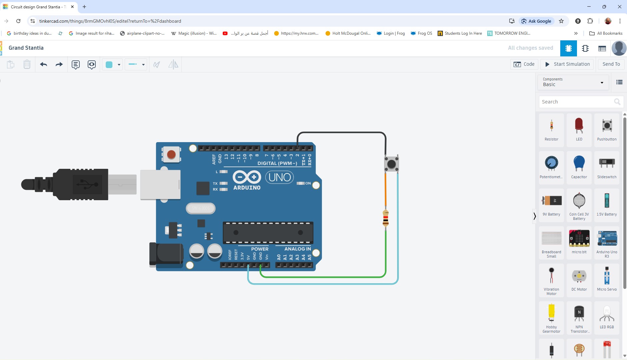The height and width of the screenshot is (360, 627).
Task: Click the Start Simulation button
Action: coord(568,64)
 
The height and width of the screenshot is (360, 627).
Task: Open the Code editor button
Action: coord(524,64)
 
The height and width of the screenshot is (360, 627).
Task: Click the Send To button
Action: coord(611,64)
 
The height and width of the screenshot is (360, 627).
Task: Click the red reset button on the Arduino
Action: coord(171,154)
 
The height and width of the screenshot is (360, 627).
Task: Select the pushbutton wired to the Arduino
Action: coord(391,164)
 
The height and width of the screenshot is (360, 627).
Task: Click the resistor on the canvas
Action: coord(386,219)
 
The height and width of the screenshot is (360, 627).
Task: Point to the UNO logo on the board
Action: coord(279,177)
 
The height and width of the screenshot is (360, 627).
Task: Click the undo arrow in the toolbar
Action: coord(44,64)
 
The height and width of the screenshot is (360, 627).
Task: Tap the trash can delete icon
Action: coord(27,64)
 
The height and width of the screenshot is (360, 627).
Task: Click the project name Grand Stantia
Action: coord(26,48)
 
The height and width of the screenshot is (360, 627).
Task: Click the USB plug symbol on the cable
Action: coord(87,184)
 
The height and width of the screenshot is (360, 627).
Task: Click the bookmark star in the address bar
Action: coord(561,21)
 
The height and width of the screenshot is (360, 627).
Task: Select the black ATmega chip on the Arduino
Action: coord(268,233)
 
